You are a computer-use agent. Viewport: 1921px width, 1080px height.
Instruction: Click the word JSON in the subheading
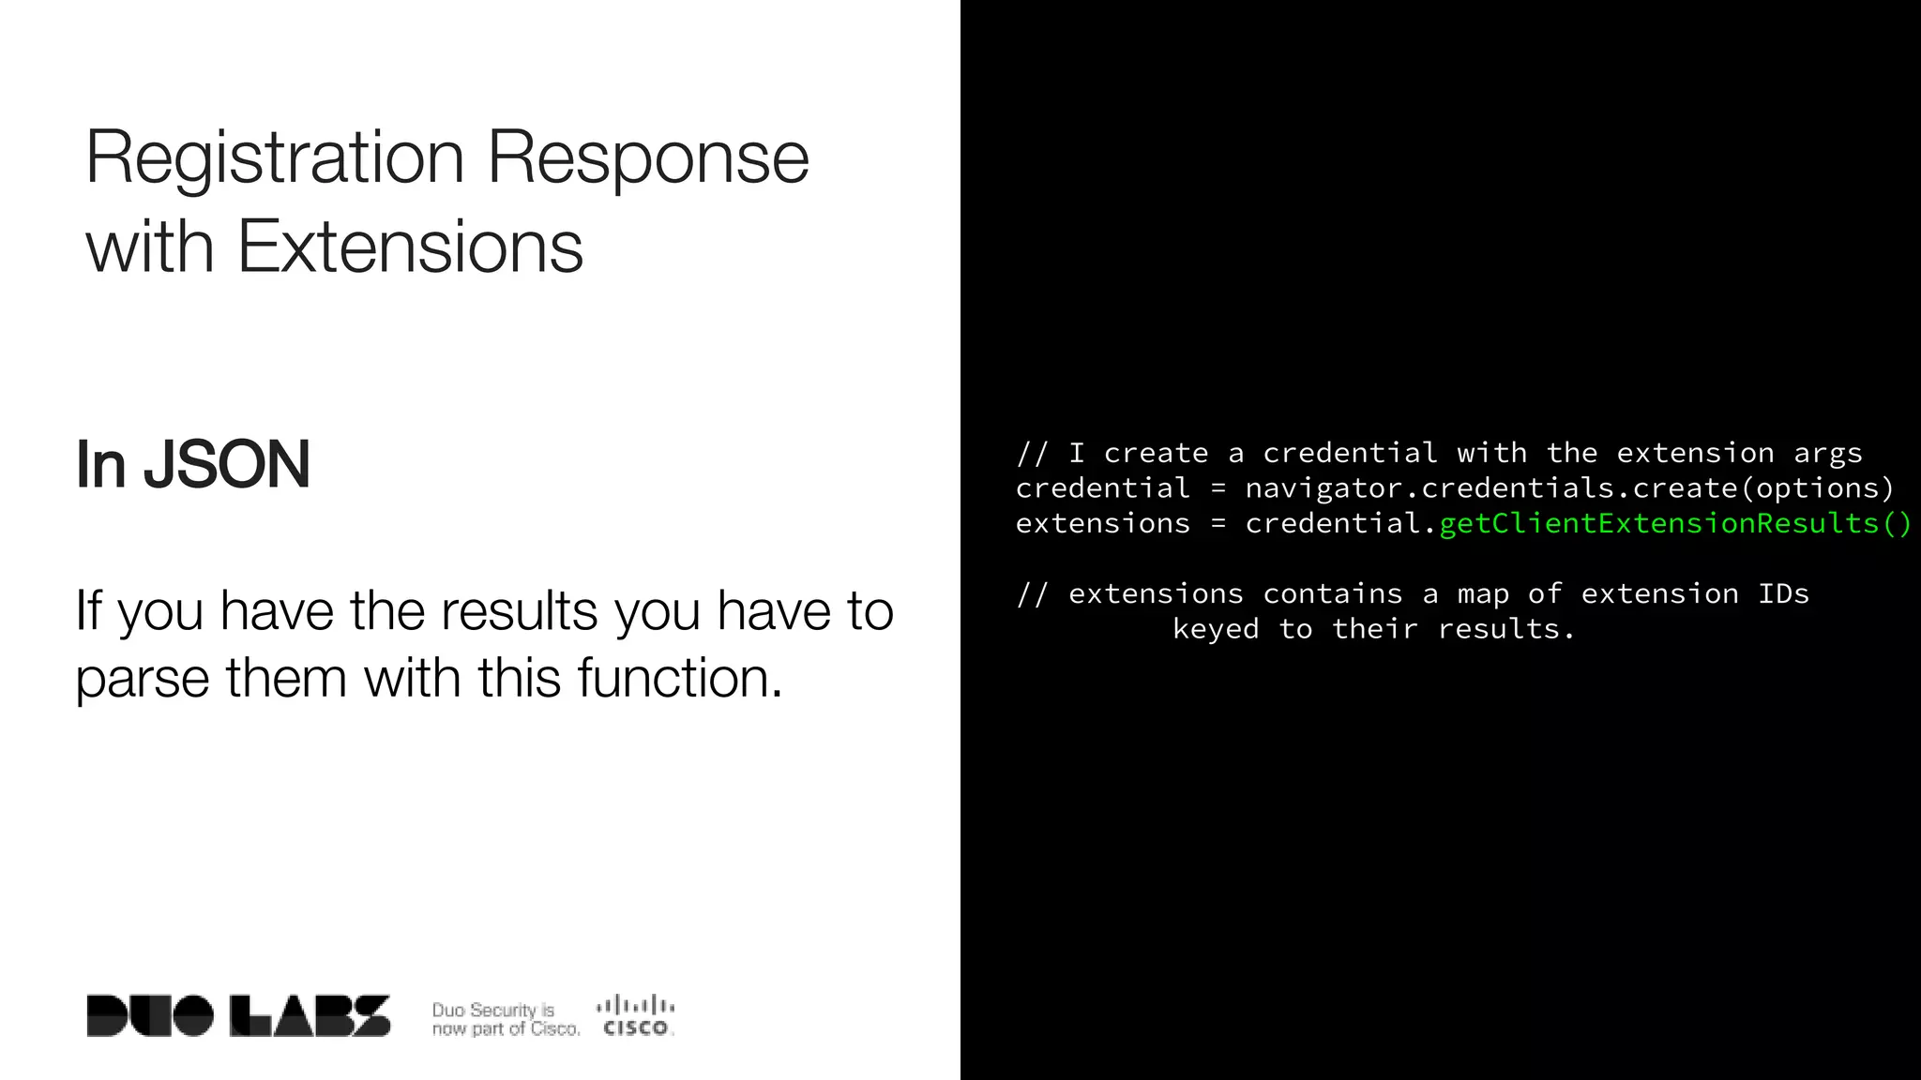pos(226,465)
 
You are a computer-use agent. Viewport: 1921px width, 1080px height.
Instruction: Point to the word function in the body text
pos(679,678)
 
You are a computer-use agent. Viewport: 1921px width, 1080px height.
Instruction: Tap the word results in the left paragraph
pos(519,611)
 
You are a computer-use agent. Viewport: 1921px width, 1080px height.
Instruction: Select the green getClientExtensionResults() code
pos(1674,523)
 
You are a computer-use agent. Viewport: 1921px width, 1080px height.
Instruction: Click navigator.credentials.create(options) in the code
pos(1569,488)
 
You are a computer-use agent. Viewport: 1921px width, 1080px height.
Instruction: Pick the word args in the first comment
pos(1827,454)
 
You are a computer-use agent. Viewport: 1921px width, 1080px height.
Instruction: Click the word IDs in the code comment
pos(1783,593)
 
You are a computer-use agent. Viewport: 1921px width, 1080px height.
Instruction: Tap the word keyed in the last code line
pos(1216,629)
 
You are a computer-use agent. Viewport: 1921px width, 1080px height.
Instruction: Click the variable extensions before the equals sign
pos(1102,523)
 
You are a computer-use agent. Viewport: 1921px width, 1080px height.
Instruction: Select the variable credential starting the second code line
pos(1102,488)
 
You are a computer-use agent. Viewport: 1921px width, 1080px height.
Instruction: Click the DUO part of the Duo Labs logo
pos(150,1016)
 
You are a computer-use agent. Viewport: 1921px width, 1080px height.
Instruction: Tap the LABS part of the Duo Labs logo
pos(310,1016)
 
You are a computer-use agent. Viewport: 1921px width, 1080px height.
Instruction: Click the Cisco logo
pos(635,1016)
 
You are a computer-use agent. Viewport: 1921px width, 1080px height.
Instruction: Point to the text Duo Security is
pos(492,1010)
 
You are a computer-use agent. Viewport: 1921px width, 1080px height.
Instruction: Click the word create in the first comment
pos(1156,454)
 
